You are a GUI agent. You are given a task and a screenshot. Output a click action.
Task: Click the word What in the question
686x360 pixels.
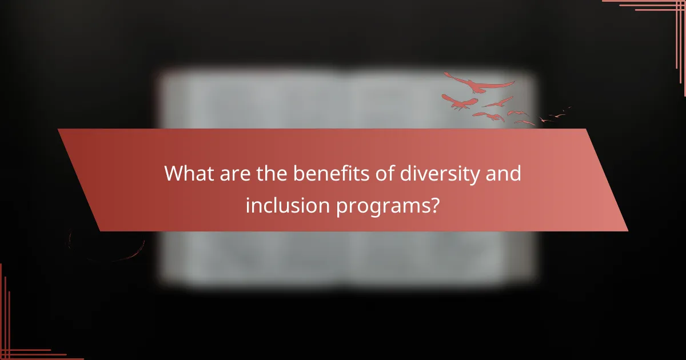coord(186,173)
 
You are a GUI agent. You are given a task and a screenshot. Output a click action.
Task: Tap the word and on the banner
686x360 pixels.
coord(503,173)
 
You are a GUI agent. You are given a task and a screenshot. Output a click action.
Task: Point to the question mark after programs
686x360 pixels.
coord(434,205)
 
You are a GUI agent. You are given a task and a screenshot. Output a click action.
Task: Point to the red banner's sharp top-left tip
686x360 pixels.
coord(58,129)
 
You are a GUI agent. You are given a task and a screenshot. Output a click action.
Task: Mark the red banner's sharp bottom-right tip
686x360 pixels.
coord(627,231)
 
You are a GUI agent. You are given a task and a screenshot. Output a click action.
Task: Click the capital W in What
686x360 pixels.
coord(173,173)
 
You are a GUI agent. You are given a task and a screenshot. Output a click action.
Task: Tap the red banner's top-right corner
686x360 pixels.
coord(587,129)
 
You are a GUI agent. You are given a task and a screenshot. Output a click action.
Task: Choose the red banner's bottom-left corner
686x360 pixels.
coord(100,231)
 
